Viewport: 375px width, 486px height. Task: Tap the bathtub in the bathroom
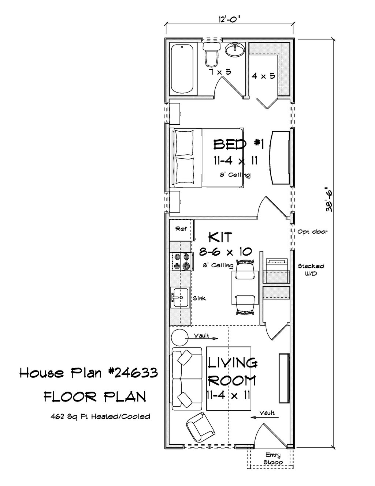click(182, 69)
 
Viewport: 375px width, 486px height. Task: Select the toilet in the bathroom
click(211, 54)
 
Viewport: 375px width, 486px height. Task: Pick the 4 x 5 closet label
click(263, 76)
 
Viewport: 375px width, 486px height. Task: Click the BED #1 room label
click(239, 144)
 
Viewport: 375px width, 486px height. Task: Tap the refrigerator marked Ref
click(181, 230)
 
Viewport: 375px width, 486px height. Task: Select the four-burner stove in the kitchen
click(181, 261)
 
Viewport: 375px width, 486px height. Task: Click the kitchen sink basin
click(180, 297)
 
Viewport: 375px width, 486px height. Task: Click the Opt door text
click(312, 232)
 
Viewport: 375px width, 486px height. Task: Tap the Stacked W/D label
click(311, 270)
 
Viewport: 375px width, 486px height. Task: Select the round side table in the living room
click(180, 338)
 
